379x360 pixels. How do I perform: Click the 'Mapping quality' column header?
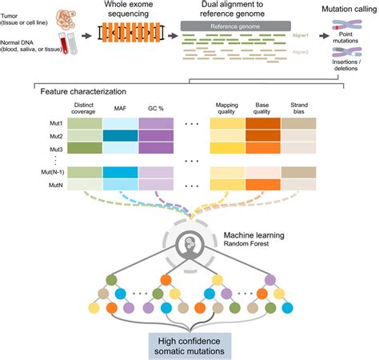[228, 110]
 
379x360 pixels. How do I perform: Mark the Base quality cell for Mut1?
[262, 124]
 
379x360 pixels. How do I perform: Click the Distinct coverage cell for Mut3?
[83, 148]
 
